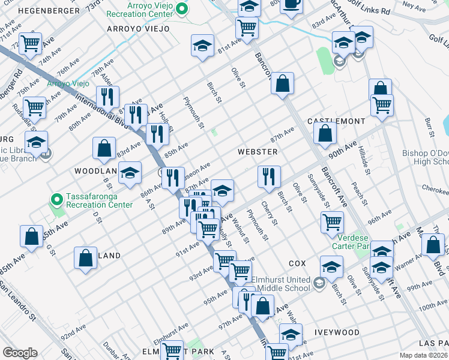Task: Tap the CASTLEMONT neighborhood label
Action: tap(336, 121)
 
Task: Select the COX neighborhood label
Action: tap(297, 263)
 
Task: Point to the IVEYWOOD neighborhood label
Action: tap(336, 332)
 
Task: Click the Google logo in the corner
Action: tap(19, 353)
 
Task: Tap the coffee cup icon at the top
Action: tap(292, 5)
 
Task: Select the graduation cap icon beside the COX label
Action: tap(331, 266)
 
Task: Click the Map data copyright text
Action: tap(424, 355)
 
